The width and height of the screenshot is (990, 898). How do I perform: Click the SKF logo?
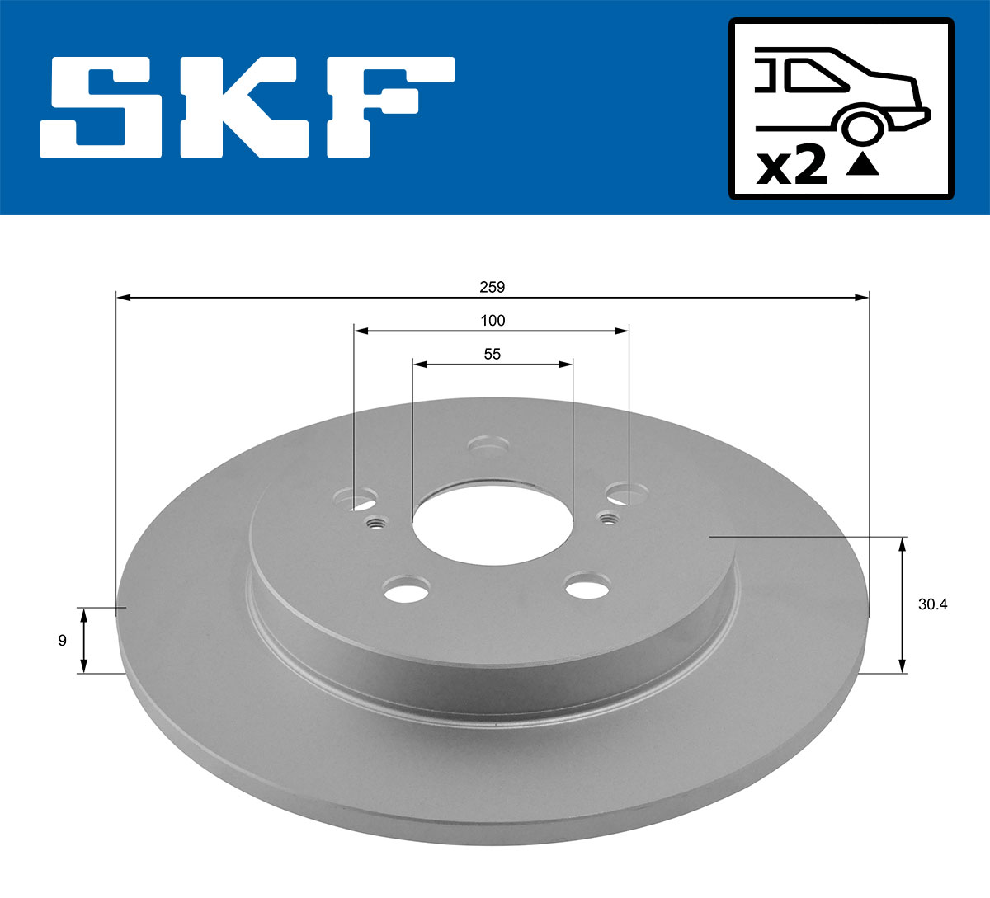pyautogui.click(x=247, y=107)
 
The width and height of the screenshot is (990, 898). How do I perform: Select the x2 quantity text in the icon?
pyautogui.click(x=791, y=167)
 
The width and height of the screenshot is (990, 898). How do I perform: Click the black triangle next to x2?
pyautogui.click(x=863, y=164)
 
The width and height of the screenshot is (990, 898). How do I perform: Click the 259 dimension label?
pyautogui.click(x=493, y=287)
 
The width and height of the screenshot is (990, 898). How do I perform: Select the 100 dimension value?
pyautogui.click(x=493, y=320)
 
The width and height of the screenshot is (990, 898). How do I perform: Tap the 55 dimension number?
pyautogui.click(x=493, y=354)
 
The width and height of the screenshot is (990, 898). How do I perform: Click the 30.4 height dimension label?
pyautogui.click(x=932, y=604)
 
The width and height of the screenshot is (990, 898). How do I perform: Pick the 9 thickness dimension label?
pyautogui.click(x=63, y=640)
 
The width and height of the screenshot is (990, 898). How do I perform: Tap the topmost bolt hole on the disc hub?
pyautogui.click(x=487, y=446)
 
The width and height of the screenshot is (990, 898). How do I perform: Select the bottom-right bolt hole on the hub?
pyautogui.click(x=587, y=588)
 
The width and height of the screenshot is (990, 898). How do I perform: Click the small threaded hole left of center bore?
pyautogui.click(x=377, y=522)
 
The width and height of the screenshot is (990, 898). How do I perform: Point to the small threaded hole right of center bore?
pyautogui.click(x=609, y=518)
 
